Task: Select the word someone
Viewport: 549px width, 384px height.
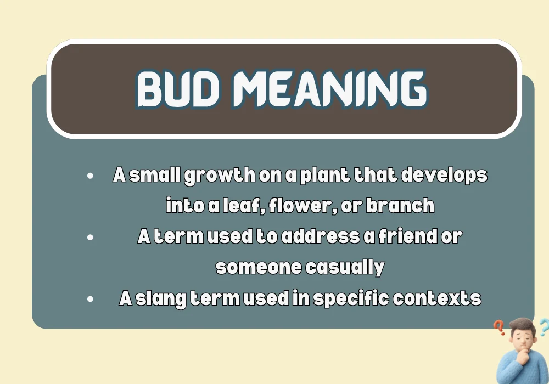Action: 259,267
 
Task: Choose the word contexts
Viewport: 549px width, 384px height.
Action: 439,298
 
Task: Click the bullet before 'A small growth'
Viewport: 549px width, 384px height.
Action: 90,176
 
